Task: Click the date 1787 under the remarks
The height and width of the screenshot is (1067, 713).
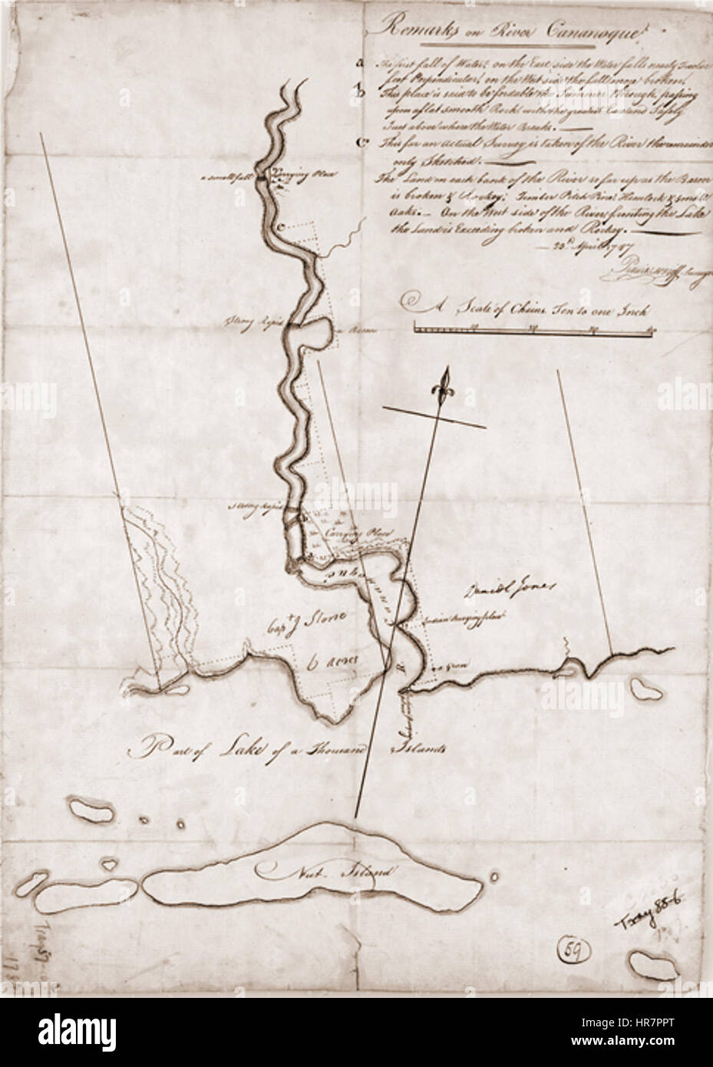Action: coord(597,248)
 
